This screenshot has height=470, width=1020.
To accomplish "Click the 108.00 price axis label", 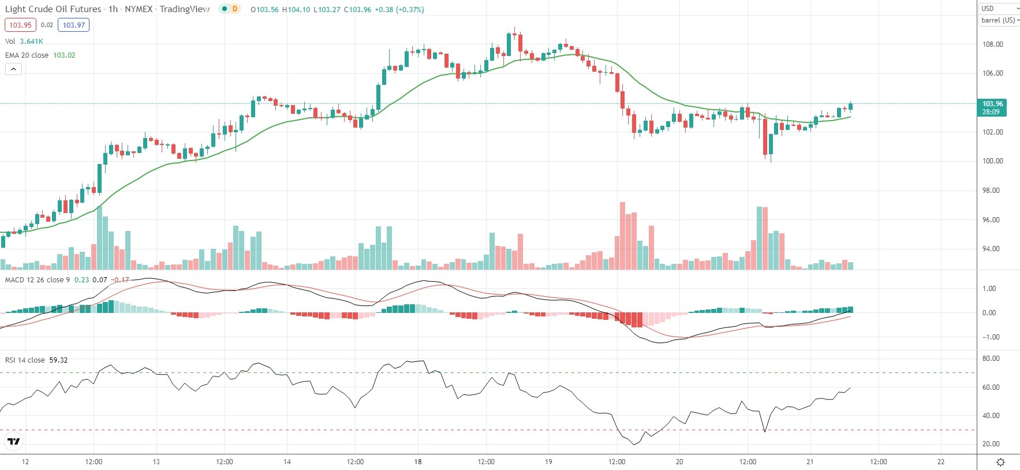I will [x=992, y=44].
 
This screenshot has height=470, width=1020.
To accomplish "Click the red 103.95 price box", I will [x=20, y=25].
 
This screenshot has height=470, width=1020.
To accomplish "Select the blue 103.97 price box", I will [x=73, y=25].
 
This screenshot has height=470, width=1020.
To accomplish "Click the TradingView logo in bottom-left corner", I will [x=13, y=442].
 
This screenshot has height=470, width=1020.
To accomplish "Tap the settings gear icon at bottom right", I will [x=1000, y=462].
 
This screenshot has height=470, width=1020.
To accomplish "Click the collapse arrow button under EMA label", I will [x=14, y=69].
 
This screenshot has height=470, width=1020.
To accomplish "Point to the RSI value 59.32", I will [x=58, y=360].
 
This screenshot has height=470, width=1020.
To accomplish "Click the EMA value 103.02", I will [x=64, y=55].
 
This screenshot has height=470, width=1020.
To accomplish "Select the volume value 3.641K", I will [x=31, y=42].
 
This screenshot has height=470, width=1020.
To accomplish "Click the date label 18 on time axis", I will [x=418, y=462].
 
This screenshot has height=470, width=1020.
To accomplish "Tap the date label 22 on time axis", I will [x=941, y=462].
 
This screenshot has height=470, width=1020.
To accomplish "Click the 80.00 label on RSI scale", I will [x=991, y=359].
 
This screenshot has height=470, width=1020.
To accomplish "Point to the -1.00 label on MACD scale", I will [x=989, y=337].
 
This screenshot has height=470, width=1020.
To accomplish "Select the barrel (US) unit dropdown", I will [x=1000, y=20].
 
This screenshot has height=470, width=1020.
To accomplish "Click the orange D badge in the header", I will [x=234, y=9].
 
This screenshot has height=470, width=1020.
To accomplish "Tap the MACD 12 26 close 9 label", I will [x=38, y=280].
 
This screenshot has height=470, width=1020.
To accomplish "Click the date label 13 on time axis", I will [x=156, y=462].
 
